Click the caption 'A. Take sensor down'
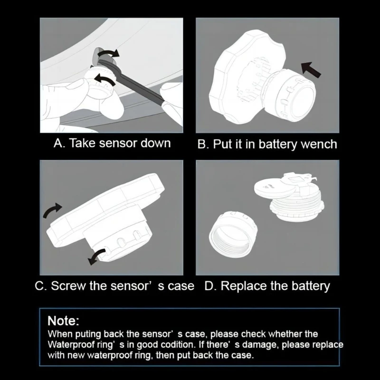(x=112, y=143)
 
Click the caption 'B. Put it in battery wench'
(x=267, y=144)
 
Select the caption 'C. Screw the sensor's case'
(x=114, y=286)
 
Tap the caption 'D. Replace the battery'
(x=267, y=286)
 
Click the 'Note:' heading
(x=63, y=321)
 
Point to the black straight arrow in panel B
(x=311, y=69)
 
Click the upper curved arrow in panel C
(x=52, y=210)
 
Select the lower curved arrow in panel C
(x=96, y=257)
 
